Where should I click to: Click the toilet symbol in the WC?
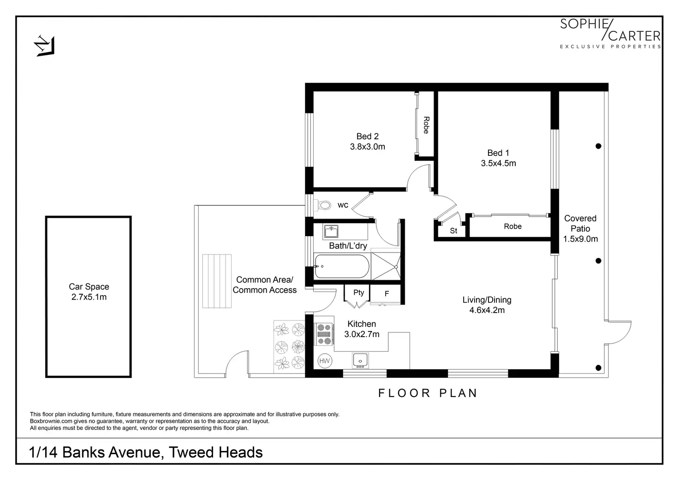pos(322,205)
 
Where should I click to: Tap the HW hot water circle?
pos(324,361)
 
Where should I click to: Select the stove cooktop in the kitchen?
pos(324,334)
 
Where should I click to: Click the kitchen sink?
pos(360,361)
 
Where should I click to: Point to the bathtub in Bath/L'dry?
pos(342,267)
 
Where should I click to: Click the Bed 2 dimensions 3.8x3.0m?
pos(367,147)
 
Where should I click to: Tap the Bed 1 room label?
pos(498,153)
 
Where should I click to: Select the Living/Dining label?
pos(487,300)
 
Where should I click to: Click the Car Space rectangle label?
pos(89,286)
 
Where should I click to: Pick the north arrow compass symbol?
pos(45,46)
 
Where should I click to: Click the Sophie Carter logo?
pos(610,33)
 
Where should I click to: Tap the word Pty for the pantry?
pos(358,292)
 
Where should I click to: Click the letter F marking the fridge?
pos(387,294)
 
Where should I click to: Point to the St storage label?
pos(453,231)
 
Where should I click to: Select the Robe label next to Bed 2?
pos(426,125)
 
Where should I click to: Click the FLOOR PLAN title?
pos(428,393)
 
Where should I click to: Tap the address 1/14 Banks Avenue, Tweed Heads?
pos(145,452)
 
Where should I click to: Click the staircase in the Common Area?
pos(217,281)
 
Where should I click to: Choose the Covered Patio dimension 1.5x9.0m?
pos(580,239)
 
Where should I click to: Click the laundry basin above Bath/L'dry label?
pos(331,231)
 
